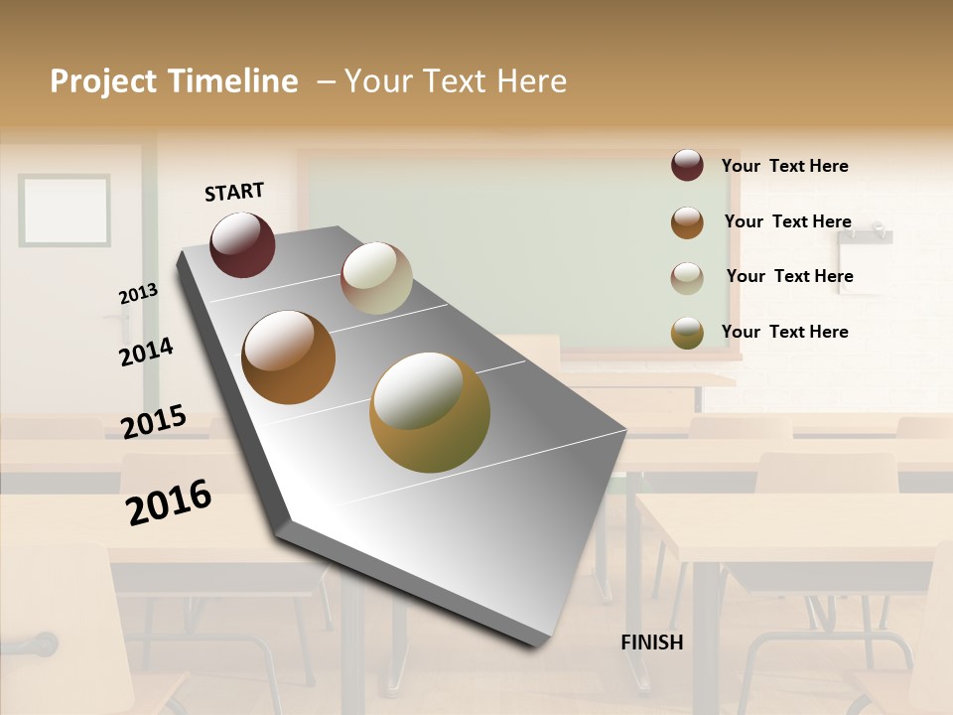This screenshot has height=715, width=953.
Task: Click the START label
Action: pyautogui.click(x=234, y=192)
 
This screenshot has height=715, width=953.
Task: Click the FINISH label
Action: pyautogui.click(x=652, y=643)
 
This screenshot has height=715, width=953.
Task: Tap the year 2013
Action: pyautogui.click(x=138, y=294)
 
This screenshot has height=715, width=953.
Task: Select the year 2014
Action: pyautogui.click(x=147, y=352)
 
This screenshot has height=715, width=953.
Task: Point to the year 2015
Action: pyautogui.click(x=154, y=421)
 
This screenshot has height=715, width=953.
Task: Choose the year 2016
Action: pyautogui.click(x=169, y=501)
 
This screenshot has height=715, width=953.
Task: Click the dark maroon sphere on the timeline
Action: pyautogui.click(x=242, y=245)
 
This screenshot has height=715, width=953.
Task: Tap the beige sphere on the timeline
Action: pyautogui.click(x=376, y=278)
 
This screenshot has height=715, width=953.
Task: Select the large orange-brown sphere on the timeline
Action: pyautogui.click(x=289, y=357)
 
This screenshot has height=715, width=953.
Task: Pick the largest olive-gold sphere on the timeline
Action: pyautogui.click(x=430, y=412)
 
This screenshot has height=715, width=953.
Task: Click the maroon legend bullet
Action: pyautogui.click(x=687, y=165)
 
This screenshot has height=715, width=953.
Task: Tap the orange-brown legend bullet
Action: pyautogui.click(x=687, y=222)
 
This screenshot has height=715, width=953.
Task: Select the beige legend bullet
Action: pyautogui.click(x=687, y=278)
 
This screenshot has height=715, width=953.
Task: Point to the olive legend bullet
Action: pyautogui.click(x=687, y=333)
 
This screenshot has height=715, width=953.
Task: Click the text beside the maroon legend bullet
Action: pyautogui.click(x=785, y=166)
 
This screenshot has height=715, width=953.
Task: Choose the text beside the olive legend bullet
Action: pyautogui.click(x=785, y=332)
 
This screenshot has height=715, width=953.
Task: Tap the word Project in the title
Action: pyautogui.click(x=103, y=81)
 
